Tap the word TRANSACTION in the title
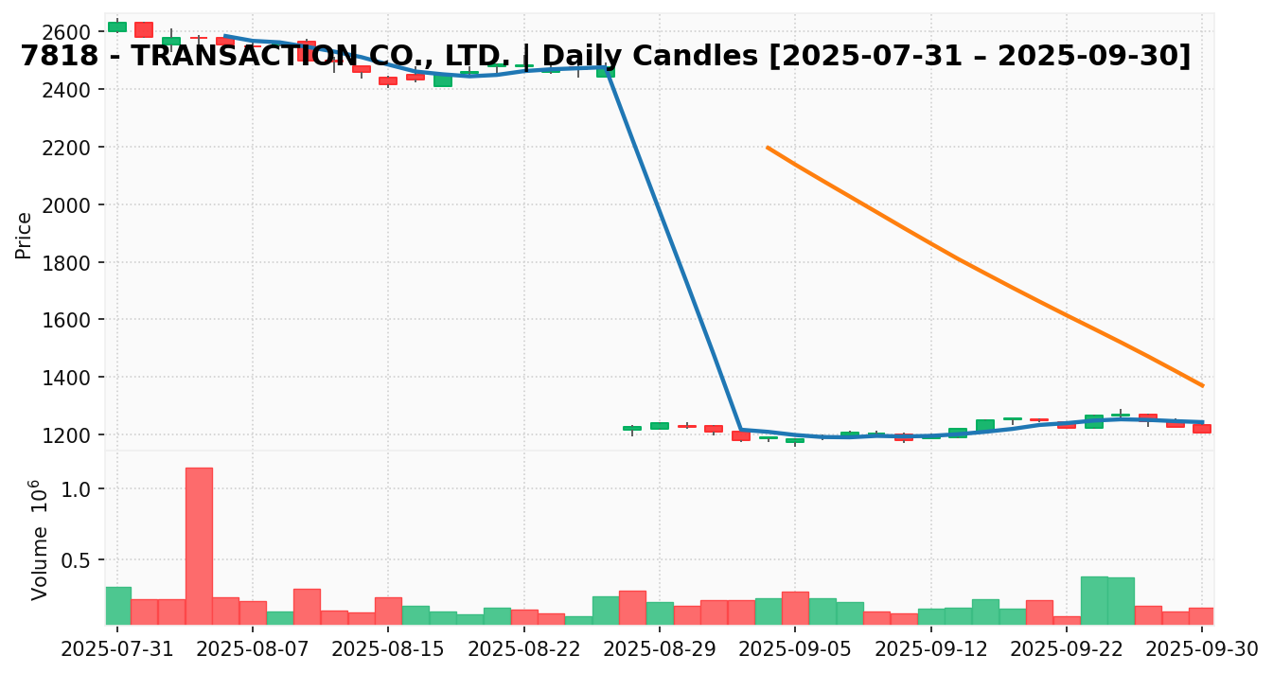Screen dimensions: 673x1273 245,57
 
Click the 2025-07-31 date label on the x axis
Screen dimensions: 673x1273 117,649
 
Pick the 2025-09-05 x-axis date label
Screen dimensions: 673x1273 795,649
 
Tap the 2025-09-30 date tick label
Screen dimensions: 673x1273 1202,649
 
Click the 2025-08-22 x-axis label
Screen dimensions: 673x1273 524,649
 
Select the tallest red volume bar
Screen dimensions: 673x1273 199,546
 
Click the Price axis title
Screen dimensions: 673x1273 25,235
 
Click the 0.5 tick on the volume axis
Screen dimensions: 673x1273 80,560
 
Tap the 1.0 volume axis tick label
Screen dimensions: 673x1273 80,489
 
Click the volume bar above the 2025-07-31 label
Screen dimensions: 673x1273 118,606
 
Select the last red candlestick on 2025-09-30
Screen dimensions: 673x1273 1201,429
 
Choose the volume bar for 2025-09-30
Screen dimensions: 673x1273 1201,616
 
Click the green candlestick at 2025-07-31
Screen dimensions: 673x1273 117,27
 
